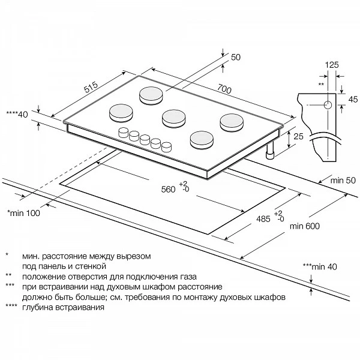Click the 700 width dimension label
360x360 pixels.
point(223,89)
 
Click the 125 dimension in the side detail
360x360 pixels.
point(332,64)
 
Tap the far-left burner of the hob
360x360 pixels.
point(120,112)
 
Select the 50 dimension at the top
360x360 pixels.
point(235,57)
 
